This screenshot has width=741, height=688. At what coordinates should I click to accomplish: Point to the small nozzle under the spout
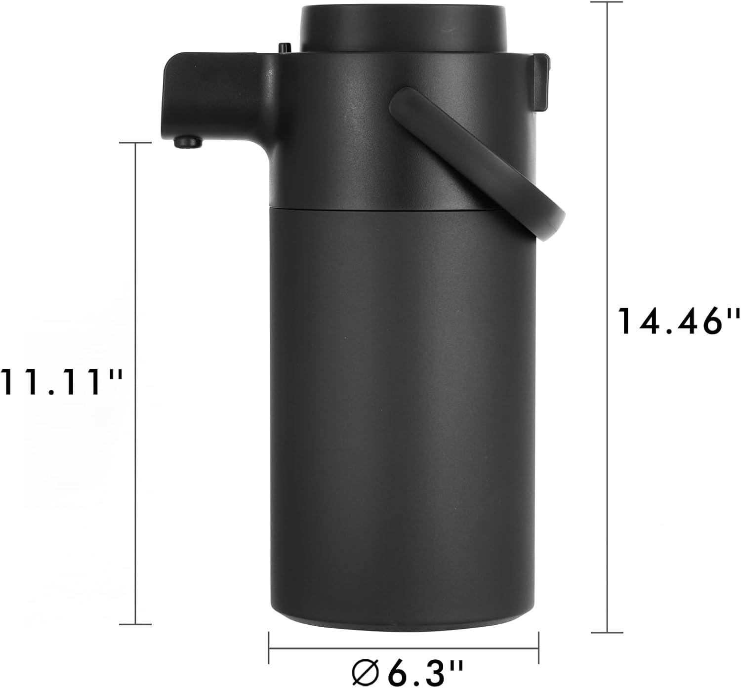coord(188,142)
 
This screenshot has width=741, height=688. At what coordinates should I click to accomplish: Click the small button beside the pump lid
coord(285,48)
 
